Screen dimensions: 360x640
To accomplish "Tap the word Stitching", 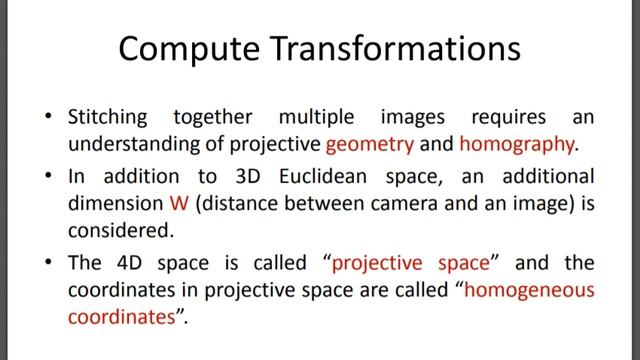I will click(x=117, y=117).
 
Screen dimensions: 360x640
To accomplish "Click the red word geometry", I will click(x=376, y=143).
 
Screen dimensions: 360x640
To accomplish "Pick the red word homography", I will click(x=517, y=143).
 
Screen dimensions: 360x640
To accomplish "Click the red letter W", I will click(x=177, y=202).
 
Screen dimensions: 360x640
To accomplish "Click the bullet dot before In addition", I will click(x=49, y=177).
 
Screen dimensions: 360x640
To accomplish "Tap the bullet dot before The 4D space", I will click(x=49, y=264).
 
